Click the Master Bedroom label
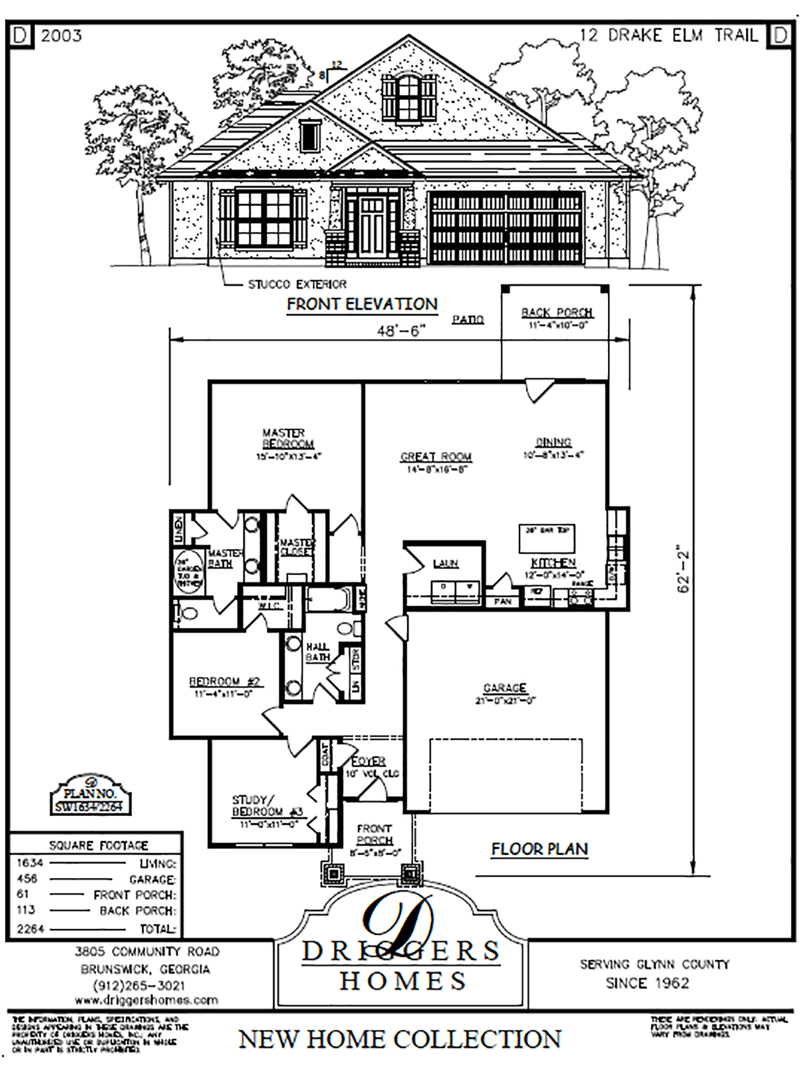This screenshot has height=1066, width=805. coord(287,439)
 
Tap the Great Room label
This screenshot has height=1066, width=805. coord(435,457)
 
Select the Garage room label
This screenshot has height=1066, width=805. coord(505,688)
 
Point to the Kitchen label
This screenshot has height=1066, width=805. coord(553,563)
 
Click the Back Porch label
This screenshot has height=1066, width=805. coord(556,313)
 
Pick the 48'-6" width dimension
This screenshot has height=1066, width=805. coord(402,331)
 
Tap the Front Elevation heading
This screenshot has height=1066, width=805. coord(362,304)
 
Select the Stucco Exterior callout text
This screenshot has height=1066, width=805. coord(297,284)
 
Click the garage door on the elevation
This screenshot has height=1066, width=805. coord(506,228)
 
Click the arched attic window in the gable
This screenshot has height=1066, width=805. coord(408,97)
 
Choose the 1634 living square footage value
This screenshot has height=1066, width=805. coord(30,862)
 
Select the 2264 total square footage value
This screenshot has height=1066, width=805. coord(30,929)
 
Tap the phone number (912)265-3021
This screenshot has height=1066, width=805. coord(139,985)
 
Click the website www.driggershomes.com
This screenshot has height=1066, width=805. coord(146,1000)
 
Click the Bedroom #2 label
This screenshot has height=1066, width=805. coord(224,682)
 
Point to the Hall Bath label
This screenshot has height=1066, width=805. coord(317,651)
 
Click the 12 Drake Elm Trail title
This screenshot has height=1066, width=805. coord(669,35)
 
